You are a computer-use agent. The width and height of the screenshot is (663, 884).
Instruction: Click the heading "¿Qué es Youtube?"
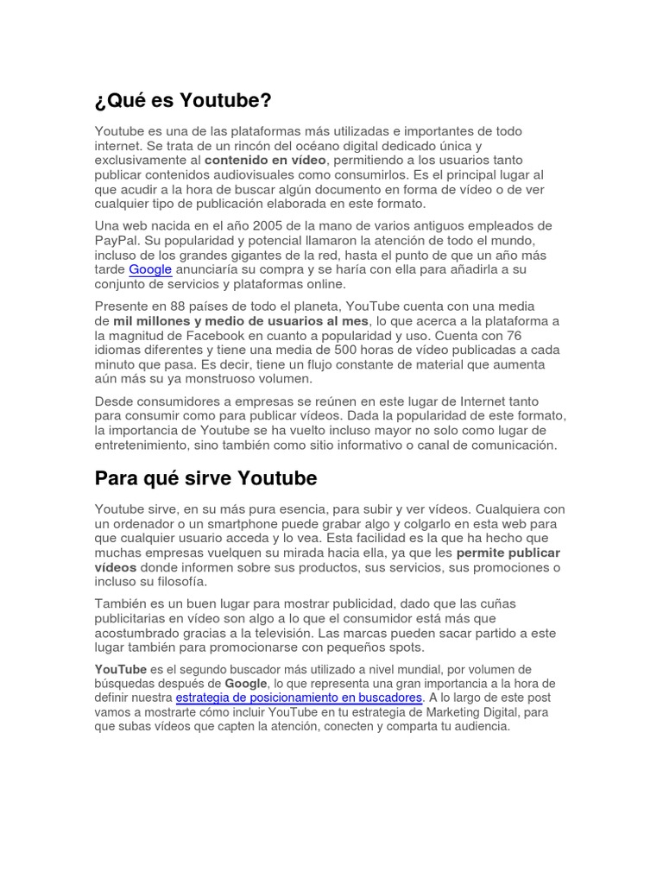tap(183, 101)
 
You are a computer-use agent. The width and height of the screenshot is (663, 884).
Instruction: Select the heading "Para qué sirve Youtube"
tap(205, 478)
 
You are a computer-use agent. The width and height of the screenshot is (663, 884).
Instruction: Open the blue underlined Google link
tap(150, 269)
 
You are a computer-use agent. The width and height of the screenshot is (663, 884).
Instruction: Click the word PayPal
tap(117, 240)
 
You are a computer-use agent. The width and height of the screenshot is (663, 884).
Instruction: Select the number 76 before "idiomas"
tap(514, 336)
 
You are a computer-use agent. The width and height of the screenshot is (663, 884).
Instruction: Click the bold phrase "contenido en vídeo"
tap(265, 161)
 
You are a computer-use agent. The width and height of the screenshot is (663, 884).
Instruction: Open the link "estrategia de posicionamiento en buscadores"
tap(299, 698)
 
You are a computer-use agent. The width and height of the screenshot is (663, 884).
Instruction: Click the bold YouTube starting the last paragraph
tap(120, 669)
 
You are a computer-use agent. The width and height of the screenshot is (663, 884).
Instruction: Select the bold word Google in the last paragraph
tap(246, 684)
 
